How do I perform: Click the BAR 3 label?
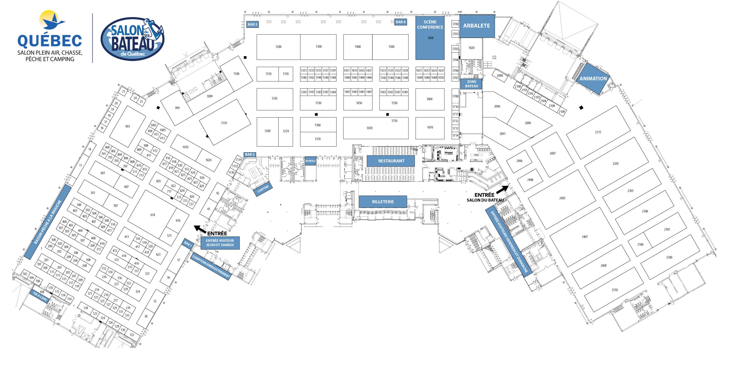pyautogui.click(x=252, y=24)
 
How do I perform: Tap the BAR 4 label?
pyautogui.click(x=401, y=22)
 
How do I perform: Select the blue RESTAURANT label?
pyautogui.click(x=391, y=161)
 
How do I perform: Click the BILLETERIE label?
pyautogui.click(x=383, y=202)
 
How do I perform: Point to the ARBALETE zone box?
pyautogui.click(x=477, y=26)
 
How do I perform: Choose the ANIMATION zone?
pyautogui.click(x=593, y=79)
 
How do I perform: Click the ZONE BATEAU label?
pyautogui.click(x=471, y=84)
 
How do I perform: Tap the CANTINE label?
pyautogui.click(x=263, y=189)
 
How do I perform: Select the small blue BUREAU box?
pyautogui.click(x=310, y=161)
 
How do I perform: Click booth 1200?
pyautogui.click(x=278, y=47)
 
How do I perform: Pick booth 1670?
pyautogui.click(x=430, y=128)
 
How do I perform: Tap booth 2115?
pyautogui.click(x=598, y=132)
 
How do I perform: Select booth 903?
pyautogui.click(x=127, y=126)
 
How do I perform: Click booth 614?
pyautogui.click(x=153, y=215)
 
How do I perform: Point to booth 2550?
pyautogui.click(x=615, y=290)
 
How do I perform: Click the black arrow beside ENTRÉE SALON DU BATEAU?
pyautogui.click(x=503, y=189)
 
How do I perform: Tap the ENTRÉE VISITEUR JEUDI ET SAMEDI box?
pyautogui.click(x=220, y=243)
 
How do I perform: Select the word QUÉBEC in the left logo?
pyautogui.click(x=50, y=41)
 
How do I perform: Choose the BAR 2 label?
pyautogui.click(x=250, y=155)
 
